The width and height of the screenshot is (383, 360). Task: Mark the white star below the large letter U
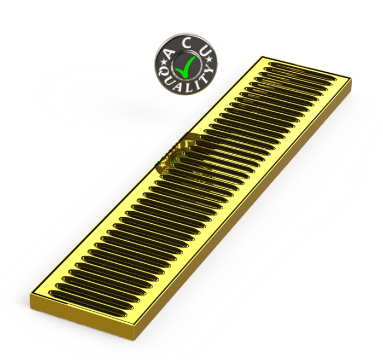210,60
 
